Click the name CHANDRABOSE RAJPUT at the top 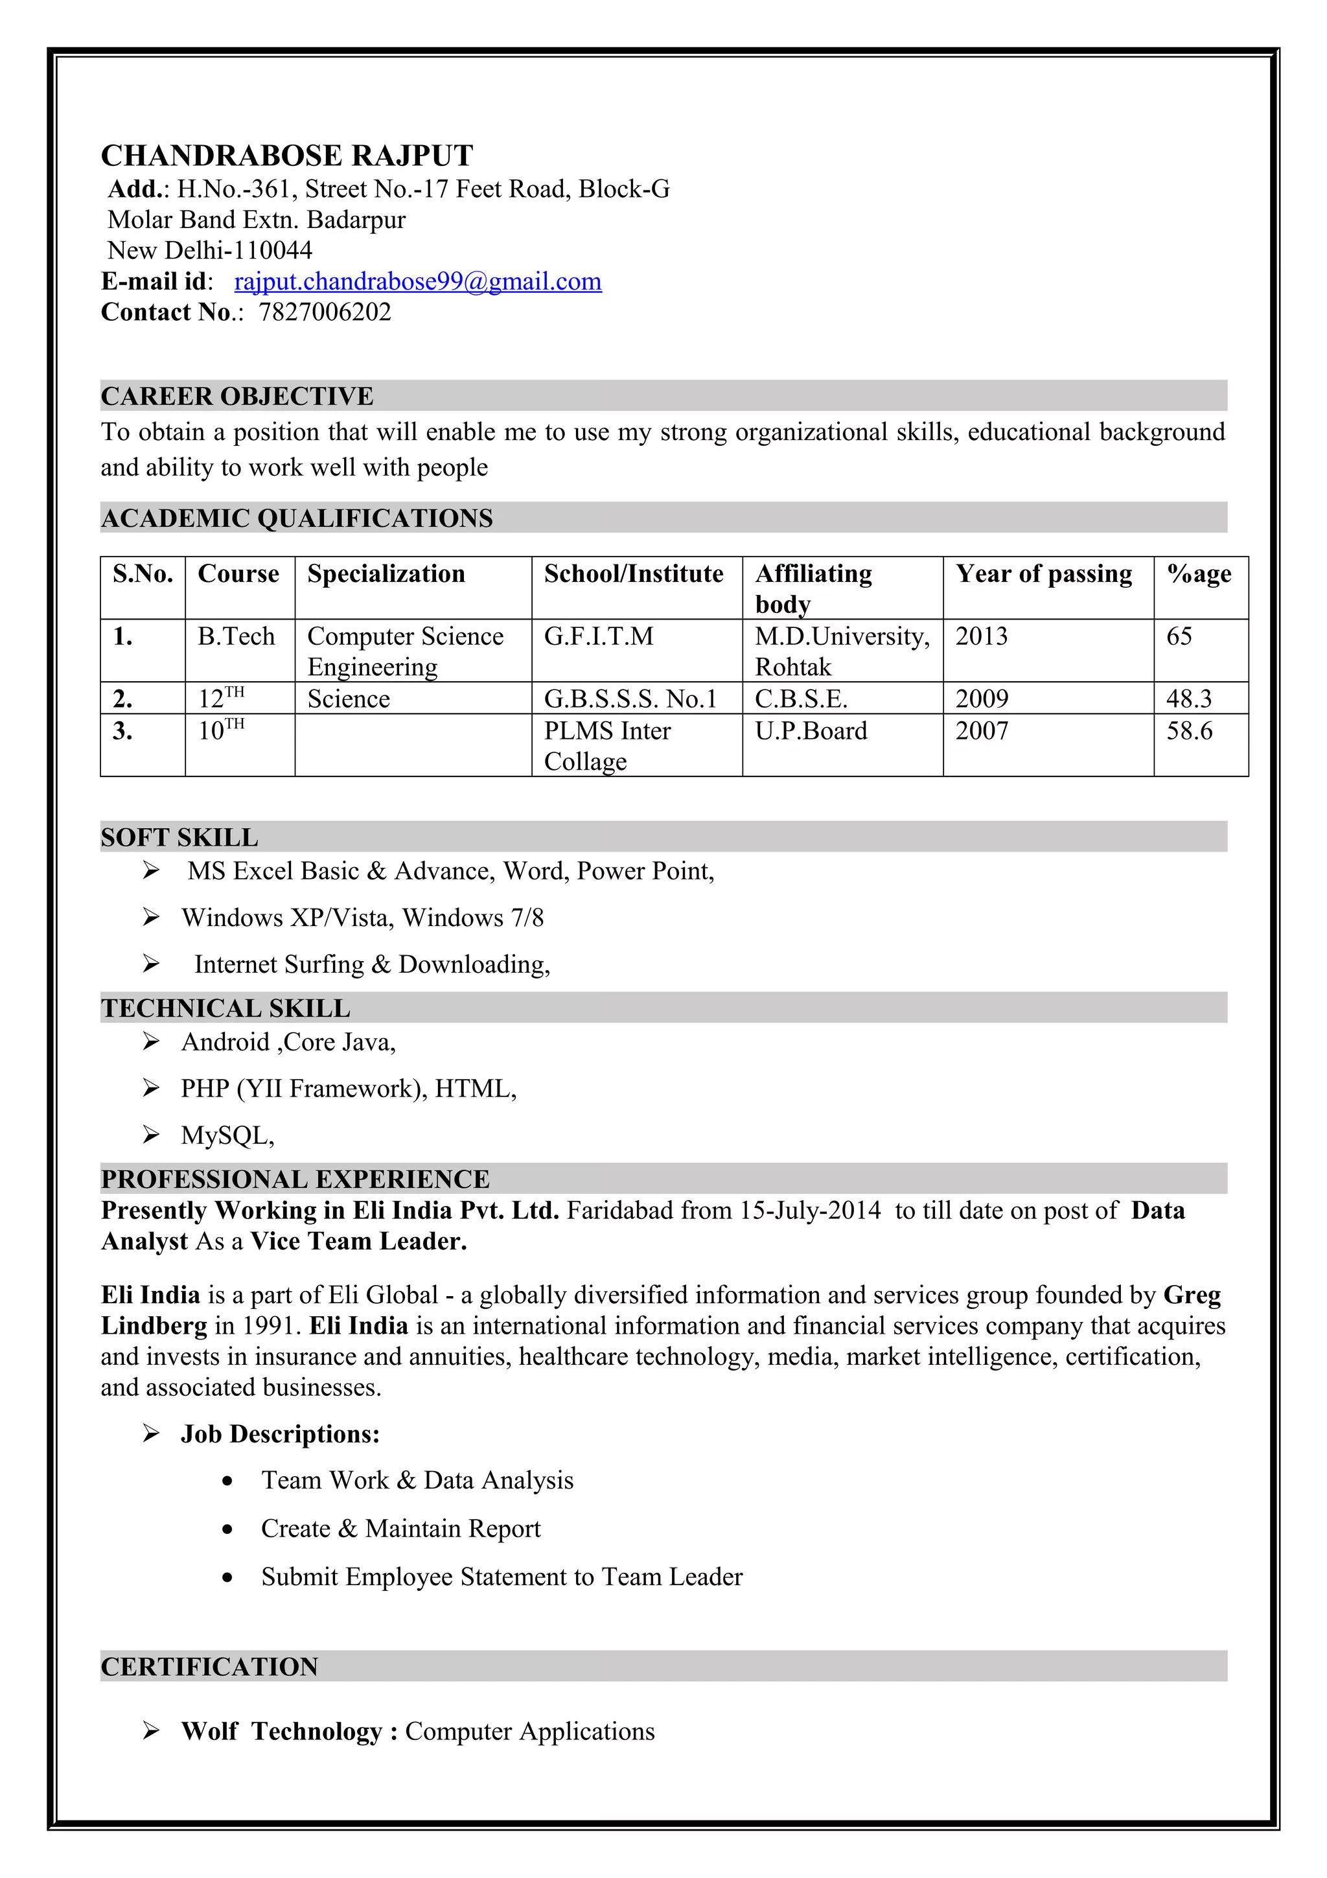pyautogui.click(x=287, y=156)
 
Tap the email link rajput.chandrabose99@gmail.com pyautogui.click(x=418, y=281)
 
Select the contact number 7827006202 pyautogui.click(x=325, y=312)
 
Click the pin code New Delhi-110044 pyautogui.click(x=210, y=250)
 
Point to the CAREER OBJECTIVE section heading pyautogui.click(x=237, y=396)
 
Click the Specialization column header pyautogui.click(x=386, y=574)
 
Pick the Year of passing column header pyautogui.click(x=1043, y=574)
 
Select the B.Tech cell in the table pyautogui.click(x=237, y=636)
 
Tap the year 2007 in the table pyautogui.click(x=981, y=730)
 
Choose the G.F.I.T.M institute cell pyautogui.click(x=599, y=636)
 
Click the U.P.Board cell pyautogui.click(x=811, y=730)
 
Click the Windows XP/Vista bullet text pyautogui.click(x=362, y=918)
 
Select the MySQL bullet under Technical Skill pyautogui.click(x=227, y=1135)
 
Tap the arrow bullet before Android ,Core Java pyautogui.click(x=151, y=1041)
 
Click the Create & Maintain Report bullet pyautogui.click(x=400, y=1528)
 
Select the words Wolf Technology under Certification pyautogui.click(x=281, y=1731)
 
